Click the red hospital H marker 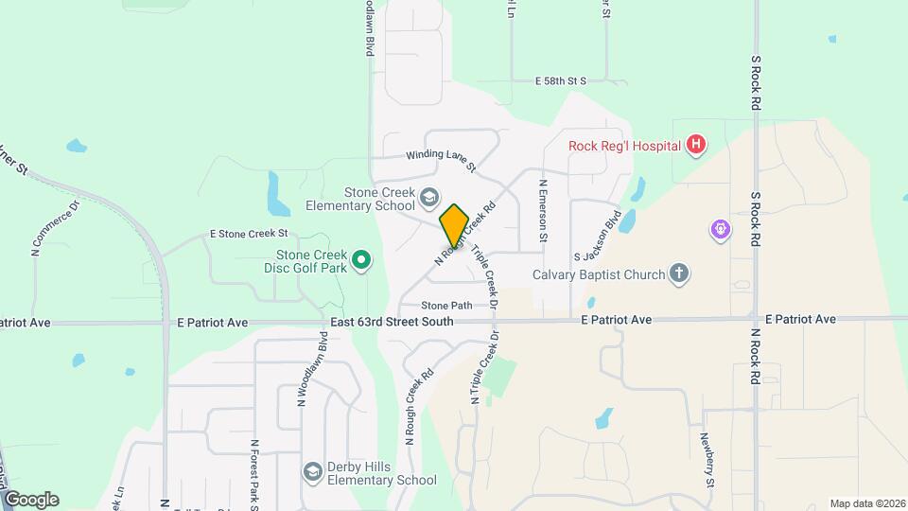pos(696,146)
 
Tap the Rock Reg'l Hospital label pos(624,146)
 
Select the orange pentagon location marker pos(454,224)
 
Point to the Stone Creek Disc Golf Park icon pos(360,259)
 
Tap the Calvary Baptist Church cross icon pos(678,274)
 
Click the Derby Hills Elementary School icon pos(312,471)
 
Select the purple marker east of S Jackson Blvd pos(721,229)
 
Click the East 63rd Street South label pos(392,322)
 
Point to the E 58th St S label pos(561,81)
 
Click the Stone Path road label pos(446,306)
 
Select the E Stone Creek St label pos(249,233)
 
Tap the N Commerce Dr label pos(54,228)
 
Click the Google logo pos(31,499)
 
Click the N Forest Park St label pos(254,474)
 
